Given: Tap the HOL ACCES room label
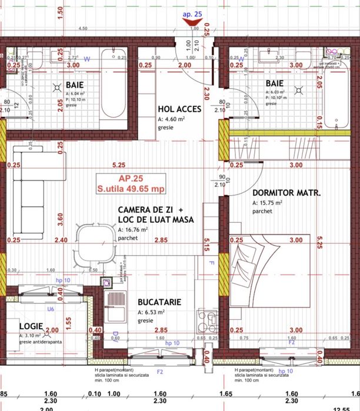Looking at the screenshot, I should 179,109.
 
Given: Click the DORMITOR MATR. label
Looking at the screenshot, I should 286,193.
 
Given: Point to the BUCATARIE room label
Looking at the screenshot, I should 159,302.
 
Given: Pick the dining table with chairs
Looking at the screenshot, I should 92,242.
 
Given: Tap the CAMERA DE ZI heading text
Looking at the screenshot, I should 151,210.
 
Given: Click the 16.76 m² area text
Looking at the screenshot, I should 135,230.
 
